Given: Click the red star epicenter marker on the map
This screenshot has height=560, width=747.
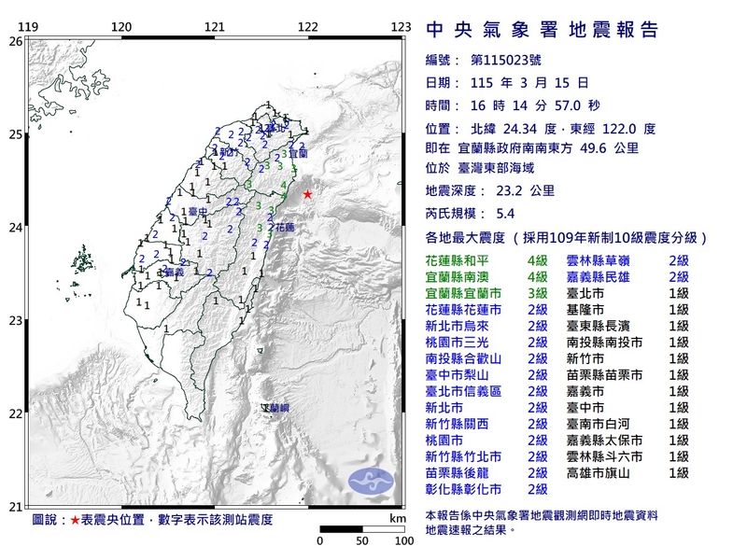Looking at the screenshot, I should [307, 194].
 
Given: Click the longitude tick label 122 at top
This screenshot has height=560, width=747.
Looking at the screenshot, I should [307, 27].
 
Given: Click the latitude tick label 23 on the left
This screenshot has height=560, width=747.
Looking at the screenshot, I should [15, 321].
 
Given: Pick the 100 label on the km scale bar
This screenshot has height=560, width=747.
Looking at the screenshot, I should [403, 541].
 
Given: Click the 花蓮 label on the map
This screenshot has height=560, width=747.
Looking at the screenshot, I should [282, 227].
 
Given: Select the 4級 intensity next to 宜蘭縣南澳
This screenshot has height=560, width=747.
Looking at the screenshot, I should [538, 276].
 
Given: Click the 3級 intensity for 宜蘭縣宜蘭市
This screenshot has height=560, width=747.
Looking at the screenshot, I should [538, 293].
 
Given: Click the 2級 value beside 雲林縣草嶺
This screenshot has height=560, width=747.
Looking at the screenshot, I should [678, 259].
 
